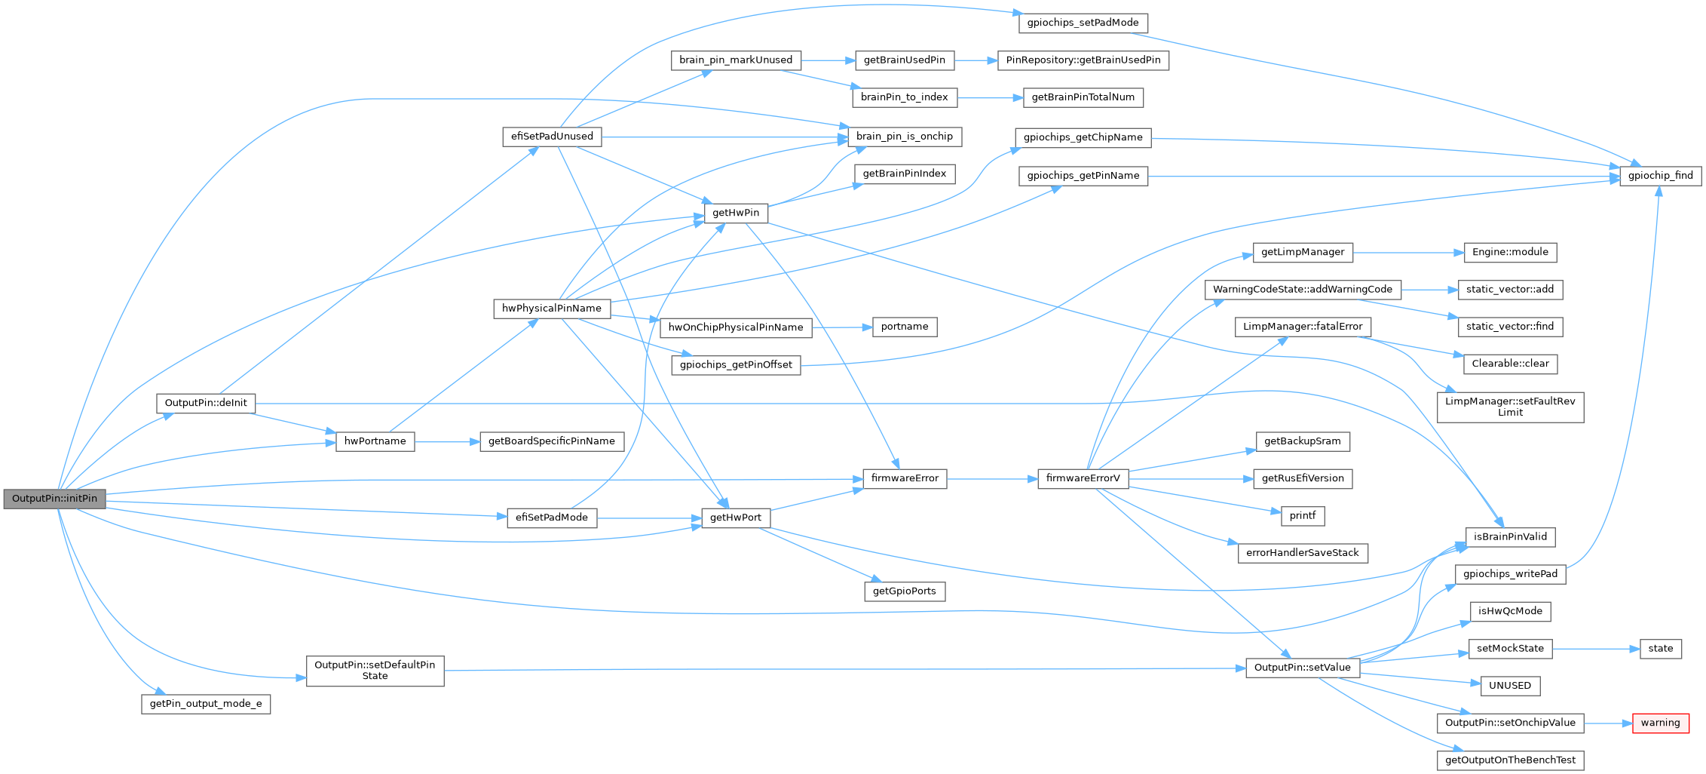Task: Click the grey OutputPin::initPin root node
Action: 54,499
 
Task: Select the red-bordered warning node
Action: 1660,723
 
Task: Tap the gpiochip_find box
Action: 1660,176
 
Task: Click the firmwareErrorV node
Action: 1083,478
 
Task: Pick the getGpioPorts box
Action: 904,591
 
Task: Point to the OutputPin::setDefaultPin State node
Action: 375,671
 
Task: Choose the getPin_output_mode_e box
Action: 206,704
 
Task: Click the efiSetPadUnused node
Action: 552,137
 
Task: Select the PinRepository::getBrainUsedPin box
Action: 1083,60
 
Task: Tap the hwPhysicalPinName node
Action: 552,309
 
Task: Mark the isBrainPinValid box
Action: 1509,537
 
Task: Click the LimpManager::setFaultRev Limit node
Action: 1509,407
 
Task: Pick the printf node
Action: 1302,516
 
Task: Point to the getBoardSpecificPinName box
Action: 551,441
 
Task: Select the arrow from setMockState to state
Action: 1596,649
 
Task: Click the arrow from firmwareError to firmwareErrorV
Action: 992,478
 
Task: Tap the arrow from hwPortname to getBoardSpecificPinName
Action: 447,441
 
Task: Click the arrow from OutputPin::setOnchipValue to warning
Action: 1608,723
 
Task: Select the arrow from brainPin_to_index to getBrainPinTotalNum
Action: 990,97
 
